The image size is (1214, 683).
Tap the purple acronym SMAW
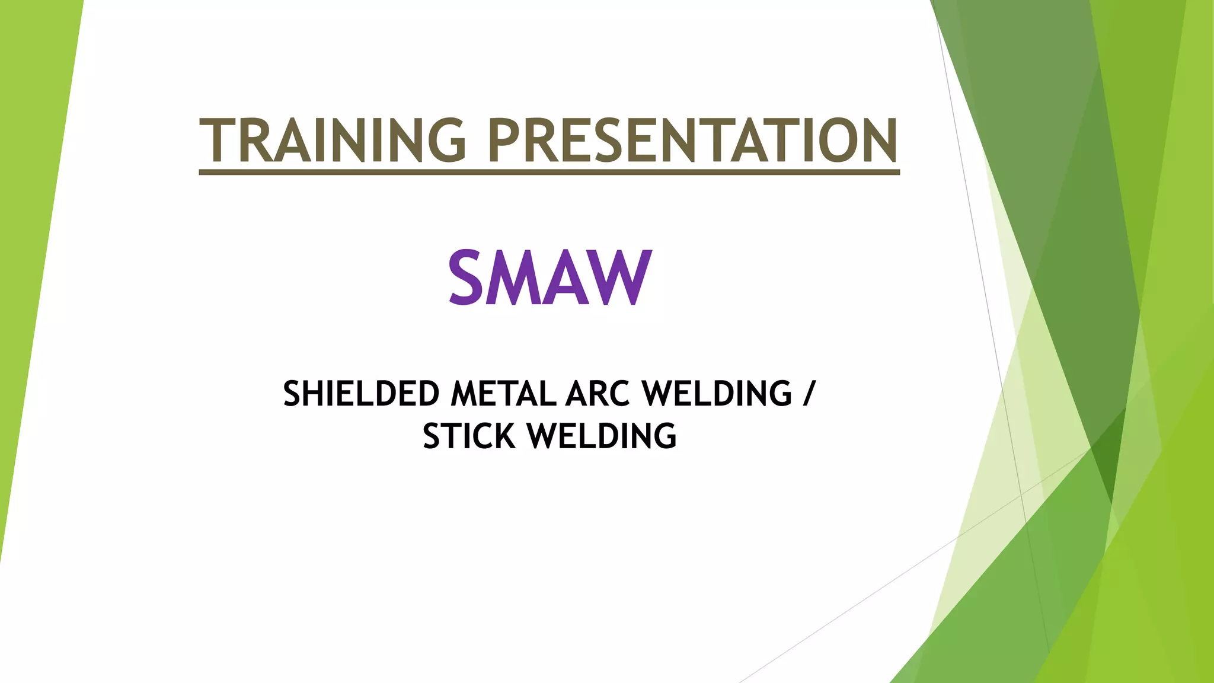[x=550, y=277]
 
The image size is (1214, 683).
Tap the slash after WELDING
[x=809, y=394]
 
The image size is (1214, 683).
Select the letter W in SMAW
[x=623, y=277]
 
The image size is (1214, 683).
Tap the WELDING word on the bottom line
[x=602, y=436]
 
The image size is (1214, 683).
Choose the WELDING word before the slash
[x=717, y=394]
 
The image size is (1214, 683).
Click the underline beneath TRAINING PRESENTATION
[x=549, y=172]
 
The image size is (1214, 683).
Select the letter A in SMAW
[x=570, y=277]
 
